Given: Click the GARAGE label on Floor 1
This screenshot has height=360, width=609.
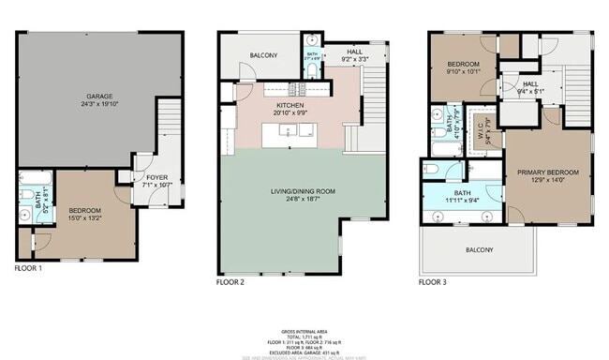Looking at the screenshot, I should pos(100,96).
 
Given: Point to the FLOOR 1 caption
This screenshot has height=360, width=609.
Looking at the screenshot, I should pos(29,268).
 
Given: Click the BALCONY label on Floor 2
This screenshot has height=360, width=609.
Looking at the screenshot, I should pos(264,55).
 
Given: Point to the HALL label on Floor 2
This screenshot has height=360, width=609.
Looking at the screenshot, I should pos(355,53).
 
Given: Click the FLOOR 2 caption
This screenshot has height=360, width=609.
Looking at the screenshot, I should pos(230,281).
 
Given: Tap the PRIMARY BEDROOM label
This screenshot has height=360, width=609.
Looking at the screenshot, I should pos(548,173).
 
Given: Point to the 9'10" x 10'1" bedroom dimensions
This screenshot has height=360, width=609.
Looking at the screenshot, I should pos(462,69).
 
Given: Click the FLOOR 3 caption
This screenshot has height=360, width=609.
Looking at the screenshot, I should pos(433,281).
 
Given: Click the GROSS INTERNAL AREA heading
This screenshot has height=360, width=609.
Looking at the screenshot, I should pos(304,332).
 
